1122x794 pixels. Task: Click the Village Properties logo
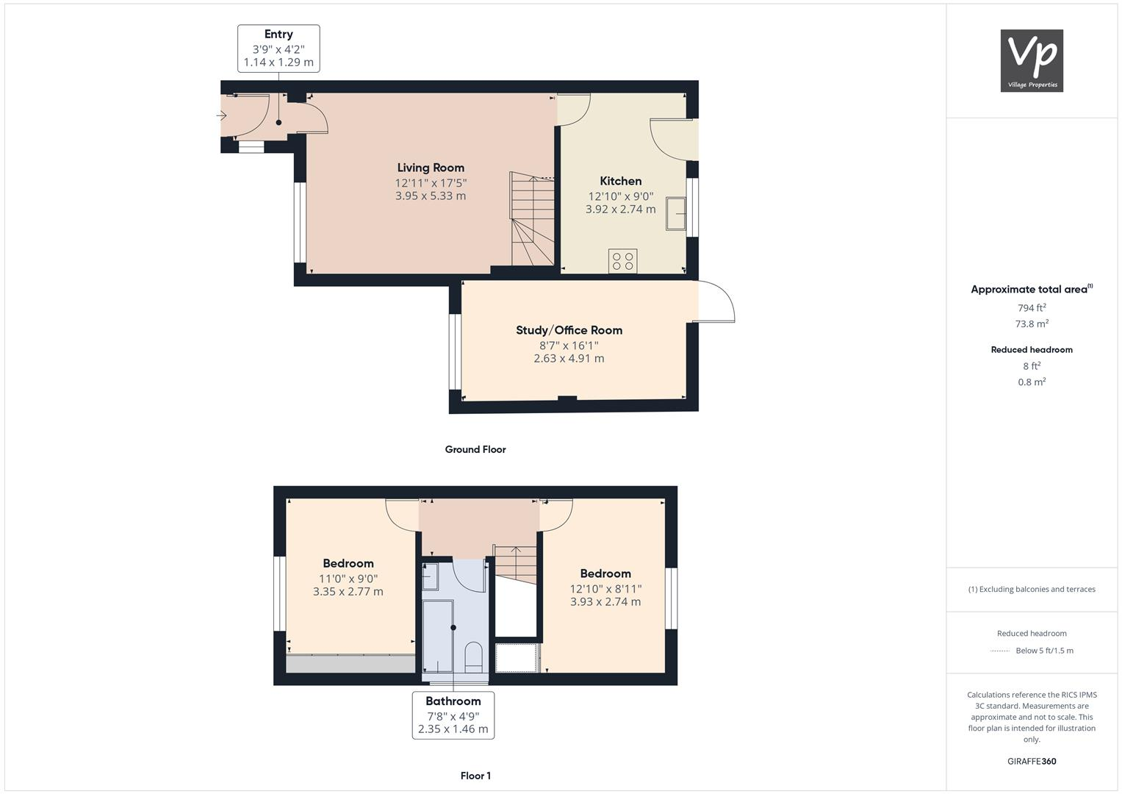1032,60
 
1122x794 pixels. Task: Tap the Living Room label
431,168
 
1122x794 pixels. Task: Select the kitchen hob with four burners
623,261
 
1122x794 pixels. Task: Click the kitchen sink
675,214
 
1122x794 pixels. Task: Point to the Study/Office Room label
569,330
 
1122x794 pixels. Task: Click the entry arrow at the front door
222,115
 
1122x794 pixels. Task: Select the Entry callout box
278,49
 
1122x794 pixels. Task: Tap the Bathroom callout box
453,715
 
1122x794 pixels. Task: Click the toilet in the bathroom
474,657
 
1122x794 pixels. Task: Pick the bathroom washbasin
431,573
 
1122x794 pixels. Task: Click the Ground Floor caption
475,449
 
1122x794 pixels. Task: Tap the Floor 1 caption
475,776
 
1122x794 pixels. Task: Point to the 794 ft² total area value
1032,308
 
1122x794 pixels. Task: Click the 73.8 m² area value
1032,323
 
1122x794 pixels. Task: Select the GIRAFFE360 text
1032,761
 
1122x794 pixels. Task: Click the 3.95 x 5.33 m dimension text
431,196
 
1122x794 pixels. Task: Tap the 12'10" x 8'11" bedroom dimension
605,588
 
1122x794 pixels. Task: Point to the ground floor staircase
532,221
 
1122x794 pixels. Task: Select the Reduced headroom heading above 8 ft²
1032,350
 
